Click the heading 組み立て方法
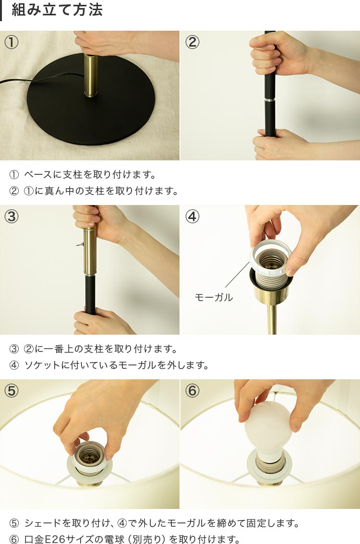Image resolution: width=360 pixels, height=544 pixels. pyautogui.click(x=57, y=10)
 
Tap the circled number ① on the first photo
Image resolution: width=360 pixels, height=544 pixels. pyautogui.click(x=12, y=42)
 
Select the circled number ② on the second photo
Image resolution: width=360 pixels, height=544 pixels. pyautogui.click(x=192, y=42)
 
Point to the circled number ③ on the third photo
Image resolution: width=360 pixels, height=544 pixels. pyautogui.click(x=12, y=217)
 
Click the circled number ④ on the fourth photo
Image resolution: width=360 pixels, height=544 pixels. pyautogui.click(x=192, y=217)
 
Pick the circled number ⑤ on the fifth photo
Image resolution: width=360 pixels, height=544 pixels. pyautogui.click(x=12, y=391)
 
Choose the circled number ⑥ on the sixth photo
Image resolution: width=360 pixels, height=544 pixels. pyautogui.click(x=192, y=391)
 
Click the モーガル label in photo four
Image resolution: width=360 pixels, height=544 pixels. pyautogui.click(x=214, y=297)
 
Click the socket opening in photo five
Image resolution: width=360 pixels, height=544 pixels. pyautogui.click(x=89, y=455)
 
